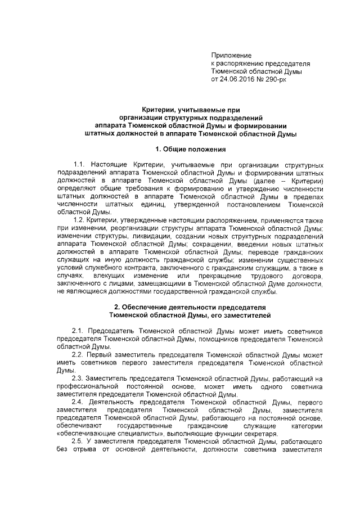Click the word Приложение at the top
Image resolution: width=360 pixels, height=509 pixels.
point(230,55)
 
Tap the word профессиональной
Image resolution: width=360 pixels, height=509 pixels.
point(91,388)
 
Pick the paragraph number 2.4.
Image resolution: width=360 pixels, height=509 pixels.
point(79,403)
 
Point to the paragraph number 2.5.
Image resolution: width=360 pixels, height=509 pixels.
point(79,442)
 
